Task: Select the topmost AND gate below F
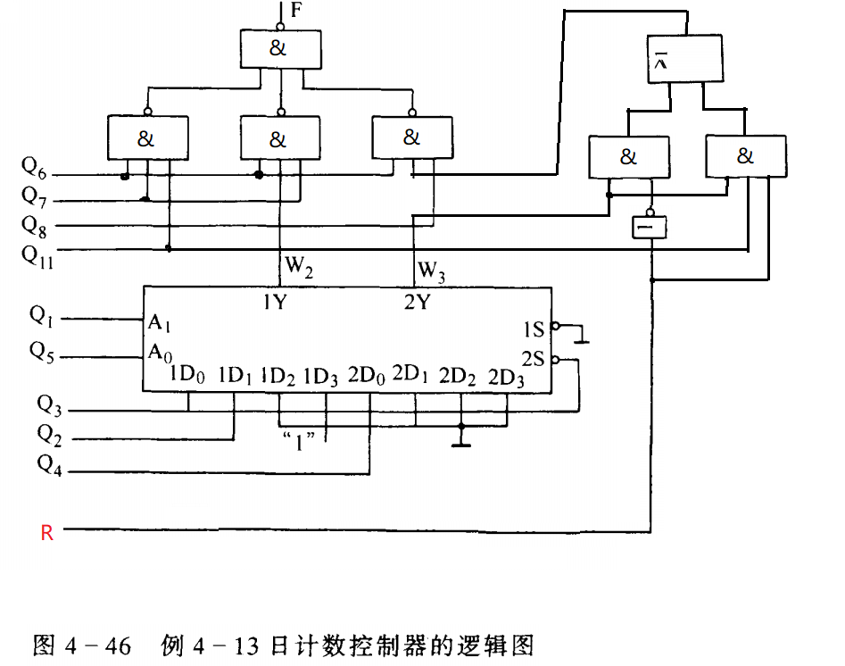click(278, 49)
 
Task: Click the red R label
click(47, 534)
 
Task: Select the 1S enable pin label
click(533, 330)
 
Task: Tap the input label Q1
click(41, 315)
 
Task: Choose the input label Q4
click(49, 463)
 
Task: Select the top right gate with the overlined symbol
click(683, 59)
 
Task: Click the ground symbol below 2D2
click(461, 439)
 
